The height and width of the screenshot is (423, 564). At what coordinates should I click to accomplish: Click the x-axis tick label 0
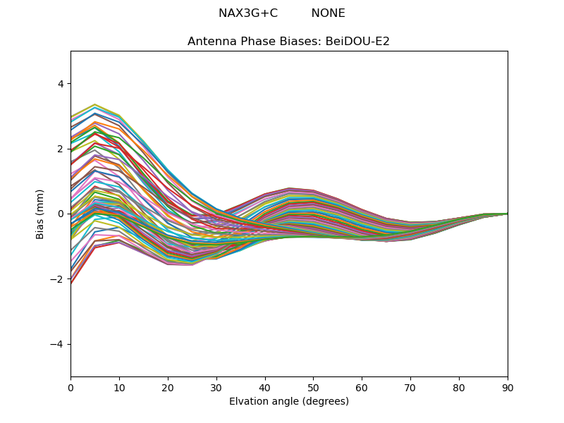(70, 387)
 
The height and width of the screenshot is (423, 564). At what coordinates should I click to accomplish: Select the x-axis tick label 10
(119, 387)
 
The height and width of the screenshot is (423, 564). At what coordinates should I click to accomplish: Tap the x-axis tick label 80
(459, 387)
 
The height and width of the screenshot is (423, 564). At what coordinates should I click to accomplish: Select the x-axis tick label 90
(508, 387)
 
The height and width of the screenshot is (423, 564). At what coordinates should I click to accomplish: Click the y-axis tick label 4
(60, 84)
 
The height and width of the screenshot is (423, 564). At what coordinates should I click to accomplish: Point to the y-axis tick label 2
(60, 149)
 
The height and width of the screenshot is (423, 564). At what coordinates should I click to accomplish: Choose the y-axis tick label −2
(57, 279)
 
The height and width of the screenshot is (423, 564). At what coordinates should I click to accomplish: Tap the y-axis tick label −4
(57, 344)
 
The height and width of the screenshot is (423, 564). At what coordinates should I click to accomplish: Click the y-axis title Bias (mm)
(40, 214)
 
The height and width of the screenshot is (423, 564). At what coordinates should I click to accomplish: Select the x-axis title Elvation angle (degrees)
(289, 401)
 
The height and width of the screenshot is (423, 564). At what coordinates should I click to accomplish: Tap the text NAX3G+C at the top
(248, 13)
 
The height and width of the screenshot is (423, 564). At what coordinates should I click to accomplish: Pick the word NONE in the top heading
(328, 13)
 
